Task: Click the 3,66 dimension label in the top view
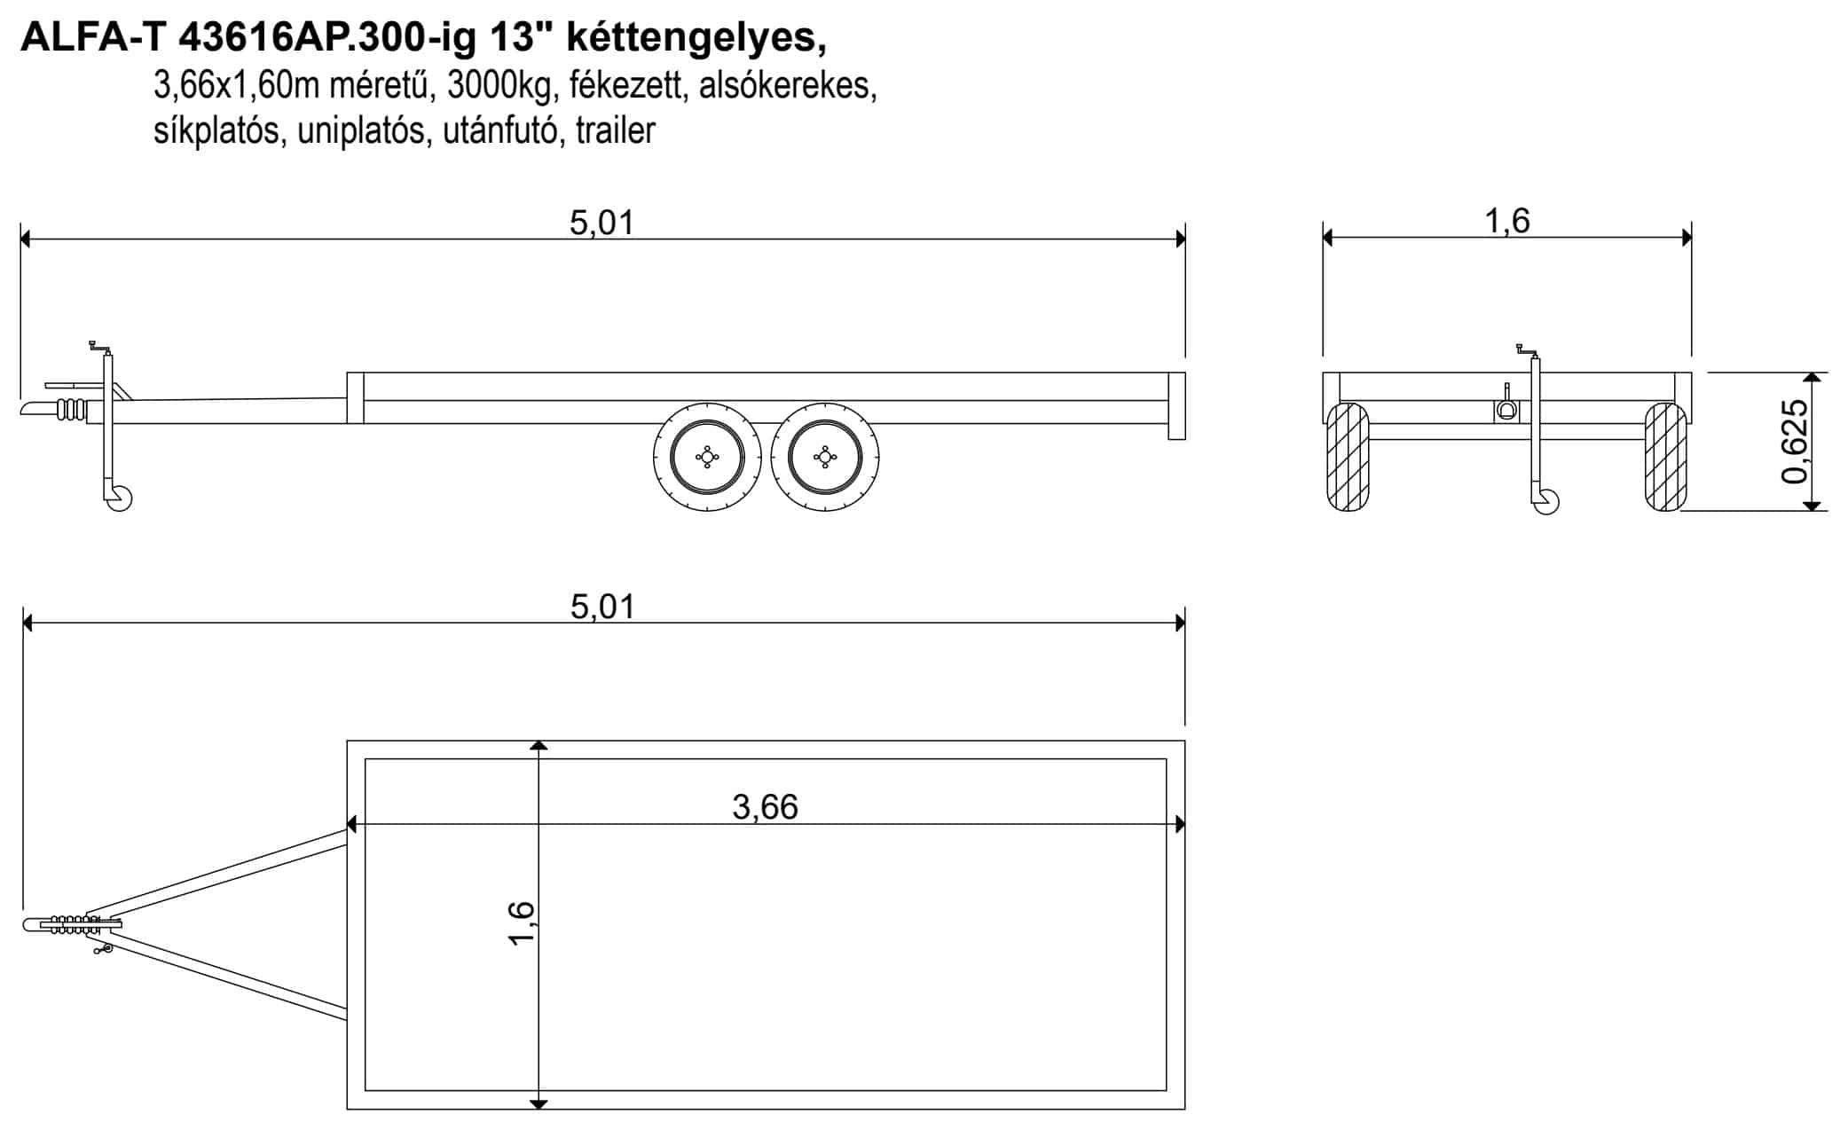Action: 765,806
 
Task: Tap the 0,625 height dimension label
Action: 1794,442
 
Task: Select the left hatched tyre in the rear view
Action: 1347,458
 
